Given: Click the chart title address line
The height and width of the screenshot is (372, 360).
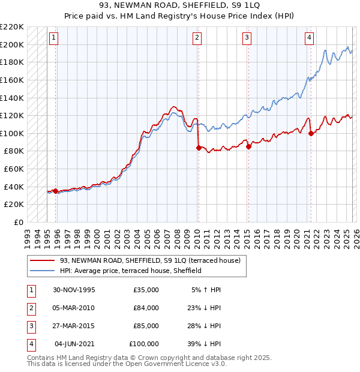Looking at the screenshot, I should (x=179, y=6).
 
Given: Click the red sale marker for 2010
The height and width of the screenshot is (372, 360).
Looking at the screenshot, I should (x=198, y=147).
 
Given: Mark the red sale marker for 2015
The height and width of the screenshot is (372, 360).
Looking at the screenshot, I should (x=248, y=146).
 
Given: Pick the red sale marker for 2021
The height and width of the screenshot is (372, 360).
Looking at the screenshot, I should (x=311, y=133).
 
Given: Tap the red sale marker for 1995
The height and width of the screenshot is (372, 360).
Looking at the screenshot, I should (x=56, y=191).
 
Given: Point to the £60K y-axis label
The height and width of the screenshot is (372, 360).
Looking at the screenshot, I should (x=14, y=169).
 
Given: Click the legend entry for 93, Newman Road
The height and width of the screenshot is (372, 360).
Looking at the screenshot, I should (x=150, y=260).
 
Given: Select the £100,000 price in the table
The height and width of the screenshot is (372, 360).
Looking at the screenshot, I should (x=144, y=344).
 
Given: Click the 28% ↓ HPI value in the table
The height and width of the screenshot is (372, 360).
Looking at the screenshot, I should (x=203, y=326).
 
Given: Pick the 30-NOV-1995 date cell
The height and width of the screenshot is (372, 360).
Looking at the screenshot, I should (x=73, y=290).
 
